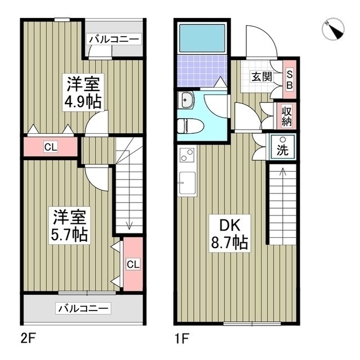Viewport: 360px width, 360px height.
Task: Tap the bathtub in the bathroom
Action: (201, 38)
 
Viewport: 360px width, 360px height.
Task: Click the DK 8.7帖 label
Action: (229, 234)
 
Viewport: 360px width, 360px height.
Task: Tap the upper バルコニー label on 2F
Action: (114, 39)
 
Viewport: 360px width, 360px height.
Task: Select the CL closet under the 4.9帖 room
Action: (51, 148)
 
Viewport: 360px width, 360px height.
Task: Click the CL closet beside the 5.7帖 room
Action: (132, 264)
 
